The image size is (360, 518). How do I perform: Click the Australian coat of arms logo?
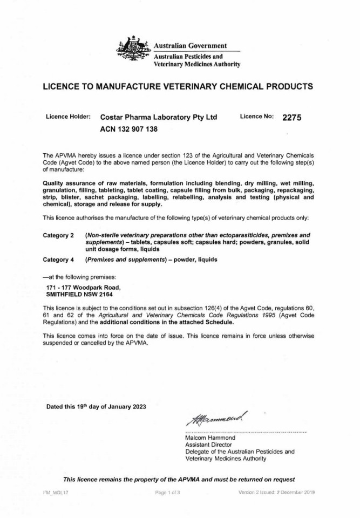[x=133, y=51]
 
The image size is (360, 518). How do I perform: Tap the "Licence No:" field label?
[x=257, y=117]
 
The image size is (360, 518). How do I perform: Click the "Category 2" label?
[x=58, y=236]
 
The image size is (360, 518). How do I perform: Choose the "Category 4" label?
[x=58, y=260]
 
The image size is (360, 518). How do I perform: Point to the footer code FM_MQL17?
[x=56, y=493]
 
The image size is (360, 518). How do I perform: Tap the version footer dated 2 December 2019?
[x=276, y=493]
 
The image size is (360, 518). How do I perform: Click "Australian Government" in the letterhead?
[x=191, y=45]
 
